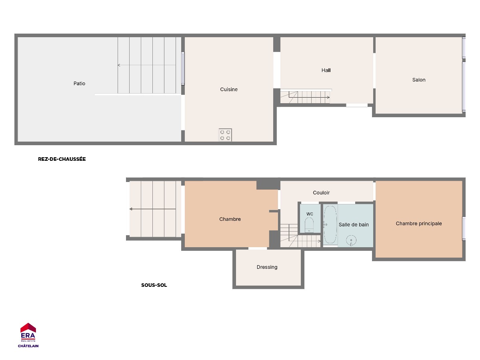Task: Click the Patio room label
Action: (79, 84)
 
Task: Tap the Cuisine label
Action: (229, 89)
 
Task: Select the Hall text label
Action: (326, 70)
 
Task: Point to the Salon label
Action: (419, 80)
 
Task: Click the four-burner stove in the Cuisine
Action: (225, 135)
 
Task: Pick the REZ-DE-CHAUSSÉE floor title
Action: (62, 159)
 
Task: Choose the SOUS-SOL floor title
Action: (154, 285)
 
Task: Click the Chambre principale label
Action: (418, 224)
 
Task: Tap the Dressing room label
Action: (267, 267)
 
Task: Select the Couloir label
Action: (321, 193)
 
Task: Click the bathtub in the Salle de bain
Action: (330, 225)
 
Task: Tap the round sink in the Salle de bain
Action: (351, 240)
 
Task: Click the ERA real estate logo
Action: (28, 332)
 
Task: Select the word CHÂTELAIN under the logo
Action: (28, 346)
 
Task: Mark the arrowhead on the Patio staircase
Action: (119, 65)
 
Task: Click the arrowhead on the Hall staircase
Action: (328, 97)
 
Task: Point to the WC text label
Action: (310, 214)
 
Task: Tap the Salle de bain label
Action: (354, 225)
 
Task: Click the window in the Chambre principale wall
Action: (464, 229)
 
